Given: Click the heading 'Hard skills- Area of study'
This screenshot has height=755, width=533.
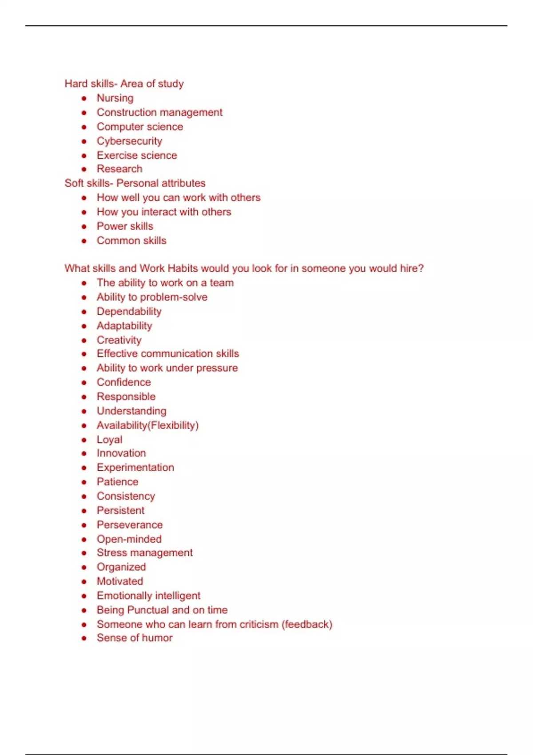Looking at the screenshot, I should coord(124,83).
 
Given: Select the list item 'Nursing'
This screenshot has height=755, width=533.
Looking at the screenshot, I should coord(115,98).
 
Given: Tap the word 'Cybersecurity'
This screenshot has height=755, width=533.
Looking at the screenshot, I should coord(129,141).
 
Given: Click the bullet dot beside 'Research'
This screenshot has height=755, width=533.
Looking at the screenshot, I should coord(84,169).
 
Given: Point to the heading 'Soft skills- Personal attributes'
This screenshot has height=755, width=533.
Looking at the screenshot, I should coord(135,183).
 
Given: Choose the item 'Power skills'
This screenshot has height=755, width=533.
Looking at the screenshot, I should coord(125,226).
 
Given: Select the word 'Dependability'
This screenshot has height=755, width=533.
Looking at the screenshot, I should coord(129,311).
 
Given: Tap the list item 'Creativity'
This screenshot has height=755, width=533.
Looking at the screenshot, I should coord(119,340).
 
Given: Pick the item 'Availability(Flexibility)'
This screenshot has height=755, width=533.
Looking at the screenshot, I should coord(147,425).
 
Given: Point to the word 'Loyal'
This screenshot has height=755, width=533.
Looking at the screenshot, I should coord(109,440).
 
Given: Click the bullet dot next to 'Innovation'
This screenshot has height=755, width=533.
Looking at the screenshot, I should coord(84,453).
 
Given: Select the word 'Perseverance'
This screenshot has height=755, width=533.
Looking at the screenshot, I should coord(130,525).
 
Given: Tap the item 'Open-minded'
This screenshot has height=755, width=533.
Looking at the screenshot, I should coord(129,539).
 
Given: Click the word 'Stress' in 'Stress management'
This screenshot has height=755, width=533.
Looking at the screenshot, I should coord(112,553).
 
